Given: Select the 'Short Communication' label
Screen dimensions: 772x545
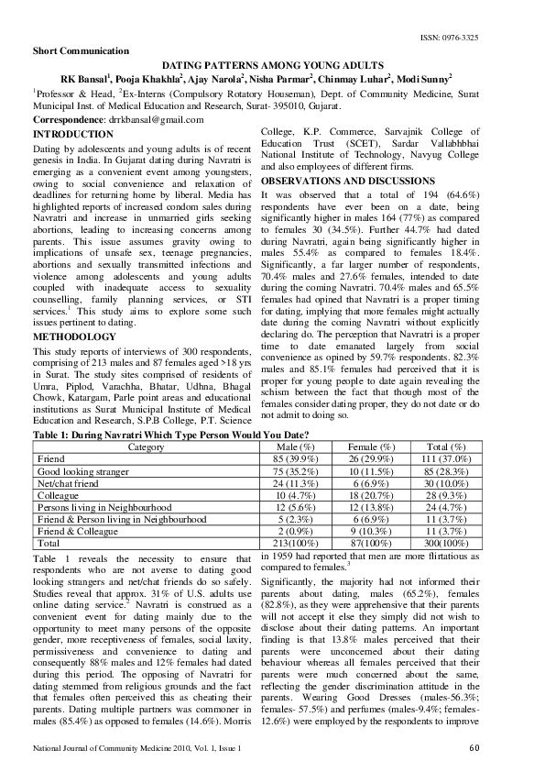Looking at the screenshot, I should coord(81,50).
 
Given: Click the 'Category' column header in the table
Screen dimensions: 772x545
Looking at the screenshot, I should coord(147,447).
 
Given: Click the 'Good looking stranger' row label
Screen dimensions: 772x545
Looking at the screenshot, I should coord(80,470).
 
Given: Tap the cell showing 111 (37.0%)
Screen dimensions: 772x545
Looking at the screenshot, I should coord(446,458).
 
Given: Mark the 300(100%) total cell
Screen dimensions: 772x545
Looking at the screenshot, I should coord(446,542).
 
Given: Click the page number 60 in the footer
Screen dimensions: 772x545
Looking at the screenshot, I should coord(473,749).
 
